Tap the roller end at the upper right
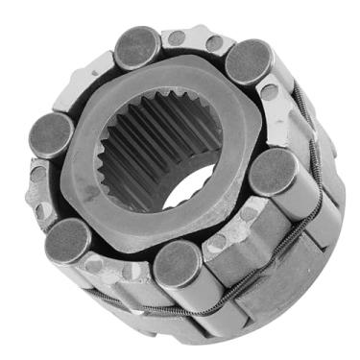pyautogui.click(x=248, y=61)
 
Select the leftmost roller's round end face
pyautogui.click(x=50, y=134)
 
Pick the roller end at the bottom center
pyautogui.click(x=177, y=263)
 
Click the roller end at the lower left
pyautogui.click(x=68, y=240)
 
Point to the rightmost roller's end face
pyautogui.click(x=274, y=171)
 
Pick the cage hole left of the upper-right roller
pyautogui.click(x=213, y=43)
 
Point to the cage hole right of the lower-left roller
pyautogui.click(x=99, y=261)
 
